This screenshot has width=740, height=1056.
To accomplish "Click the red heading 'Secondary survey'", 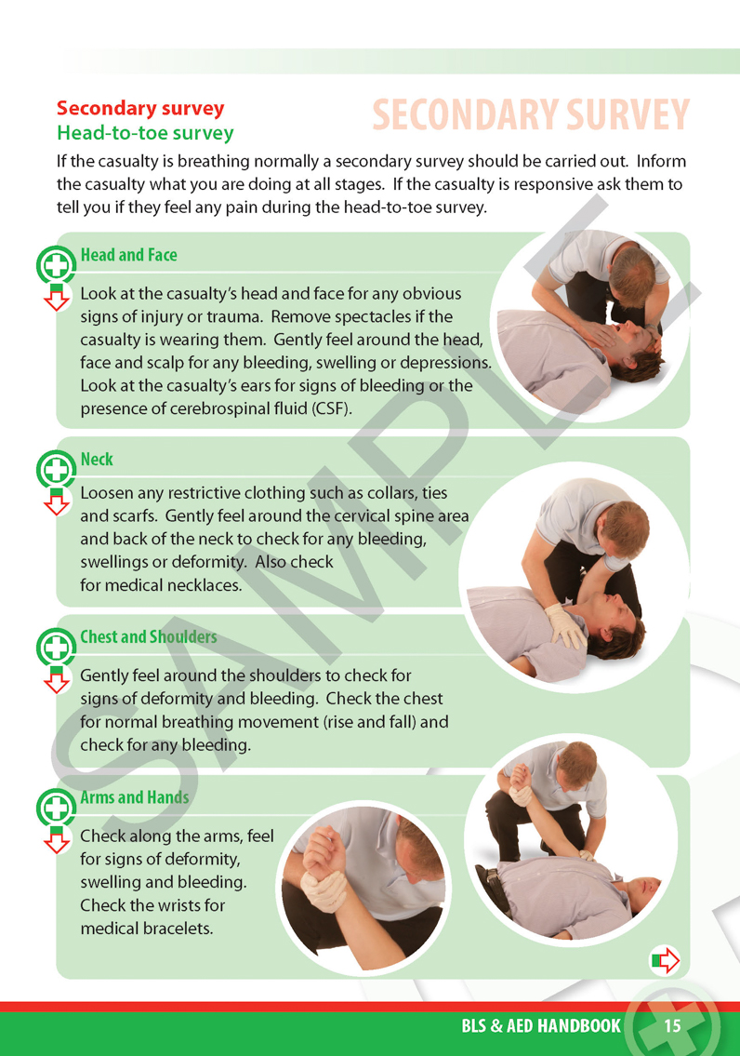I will [140, 109].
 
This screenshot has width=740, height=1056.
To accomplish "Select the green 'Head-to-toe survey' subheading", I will [145, 133].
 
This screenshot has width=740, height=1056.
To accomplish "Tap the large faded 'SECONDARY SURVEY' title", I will [531, 115].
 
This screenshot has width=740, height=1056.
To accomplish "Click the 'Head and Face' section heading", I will [128, 255].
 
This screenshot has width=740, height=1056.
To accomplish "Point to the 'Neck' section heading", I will [97, 460].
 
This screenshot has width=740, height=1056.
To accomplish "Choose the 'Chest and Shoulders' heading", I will [149, 637].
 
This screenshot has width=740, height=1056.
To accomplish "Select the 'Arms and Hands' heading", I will [135, 797].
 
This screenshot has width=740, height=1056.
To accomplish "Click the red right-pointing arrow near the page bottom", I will [666, 960].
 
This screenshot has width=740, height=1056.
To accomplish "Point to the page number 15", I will [672, 1026].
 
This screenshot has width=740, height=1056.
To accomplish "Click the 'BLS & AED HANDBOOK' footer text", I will [541, 1026].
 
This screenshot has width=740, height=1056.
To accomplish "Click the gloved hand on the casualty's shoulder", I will [566, 623].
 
